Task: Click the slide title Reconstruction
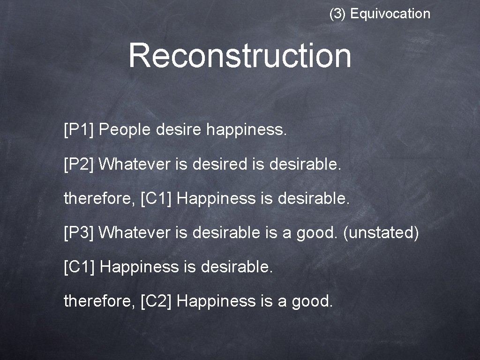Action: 240,55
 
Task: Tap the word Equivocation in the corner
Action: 390,14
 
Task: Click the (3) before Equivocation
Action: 337,14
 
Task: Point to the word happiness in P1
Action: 246,129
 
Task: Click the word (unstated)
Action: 381,232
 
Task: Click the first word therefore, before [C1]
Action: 99,199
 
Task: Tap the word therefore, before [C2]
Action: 99,301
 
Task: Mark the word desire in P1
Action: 180,129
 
